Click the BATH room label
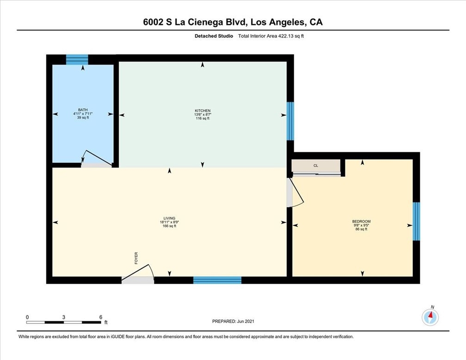click(83, 110)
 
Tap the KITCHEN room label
click(202, 111)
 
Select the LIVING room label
click(169, 218)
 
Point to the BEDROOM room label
click(362, 221)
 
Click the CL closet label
click(316, 166)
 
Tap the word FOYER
click(136, 258)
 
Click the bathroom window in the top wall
click(77, 60)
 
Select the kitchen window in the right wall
click(290, 121)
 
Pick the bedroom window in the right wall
click(417, 221)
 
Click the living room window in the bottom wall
click(217, 280)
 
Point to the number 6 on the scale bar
click(101, 317)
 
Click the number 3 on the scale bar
click(64, 317)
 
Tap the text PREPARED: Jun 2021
click(233, 321)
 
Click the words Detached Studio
click(214, 36)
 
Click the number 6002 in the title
click(153, 22)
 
